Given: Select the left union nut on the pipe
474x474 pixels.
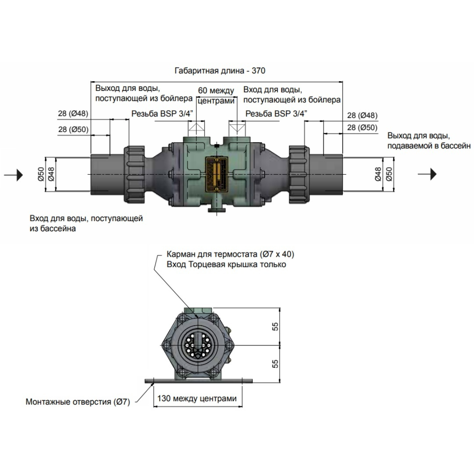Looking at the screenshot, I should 134,174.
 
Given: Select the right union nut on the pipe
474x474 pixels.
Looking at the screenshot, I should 298,174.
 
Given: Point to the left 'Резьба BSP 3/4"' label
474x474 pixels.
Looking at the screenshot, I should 162,114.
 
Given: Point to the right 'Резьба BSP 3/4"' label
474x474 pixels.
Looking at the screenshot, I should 276,114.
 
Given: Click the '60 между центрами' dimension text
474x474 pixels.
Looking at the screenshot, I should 216,96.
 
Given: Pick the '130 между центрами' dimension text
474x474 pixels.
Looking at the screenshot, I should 198,399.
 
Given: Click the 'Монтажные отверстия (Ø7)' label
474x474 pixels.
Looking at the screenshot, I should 78,401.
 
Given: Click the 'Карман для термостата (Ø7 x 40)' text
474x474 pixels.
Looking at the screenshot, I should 230,255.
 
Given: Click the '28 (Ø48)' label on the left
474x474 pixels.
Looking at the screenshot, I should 73,114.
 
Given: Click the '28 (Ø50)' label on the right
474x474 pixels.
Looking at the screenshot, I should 362,127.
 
